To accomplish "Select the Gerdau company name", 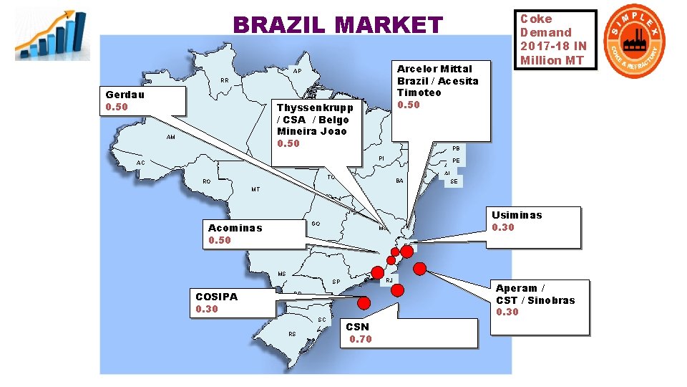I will tap(125, 95).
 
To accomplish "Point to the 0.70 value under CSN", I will tap(361, 339).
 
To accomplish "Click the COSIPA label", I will tap(217, 297).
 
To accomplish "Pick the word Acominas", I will tap(235, 228).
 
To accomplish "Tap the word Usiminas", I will tap(517, 215).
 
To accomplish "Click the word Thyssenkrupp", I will tap(315, 107).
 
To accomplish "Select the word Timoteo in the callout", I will tap(419, 92).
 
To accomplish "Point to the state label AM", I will tap(170, 137).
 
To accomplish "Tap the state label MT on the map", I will tap(255, 190).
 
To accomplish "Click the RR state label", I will tap(224, 81).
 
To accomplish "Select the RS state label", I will tap(292, 334).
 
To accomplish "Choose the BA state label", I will tap(399, 181).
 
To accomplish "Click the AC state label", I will tap(140, 163).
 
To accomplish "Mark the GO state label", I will tap(316, 224).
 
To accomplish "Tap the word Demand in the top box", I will tap(546, 32).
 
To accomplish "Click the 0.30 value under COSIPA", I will tap(207, 309).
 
